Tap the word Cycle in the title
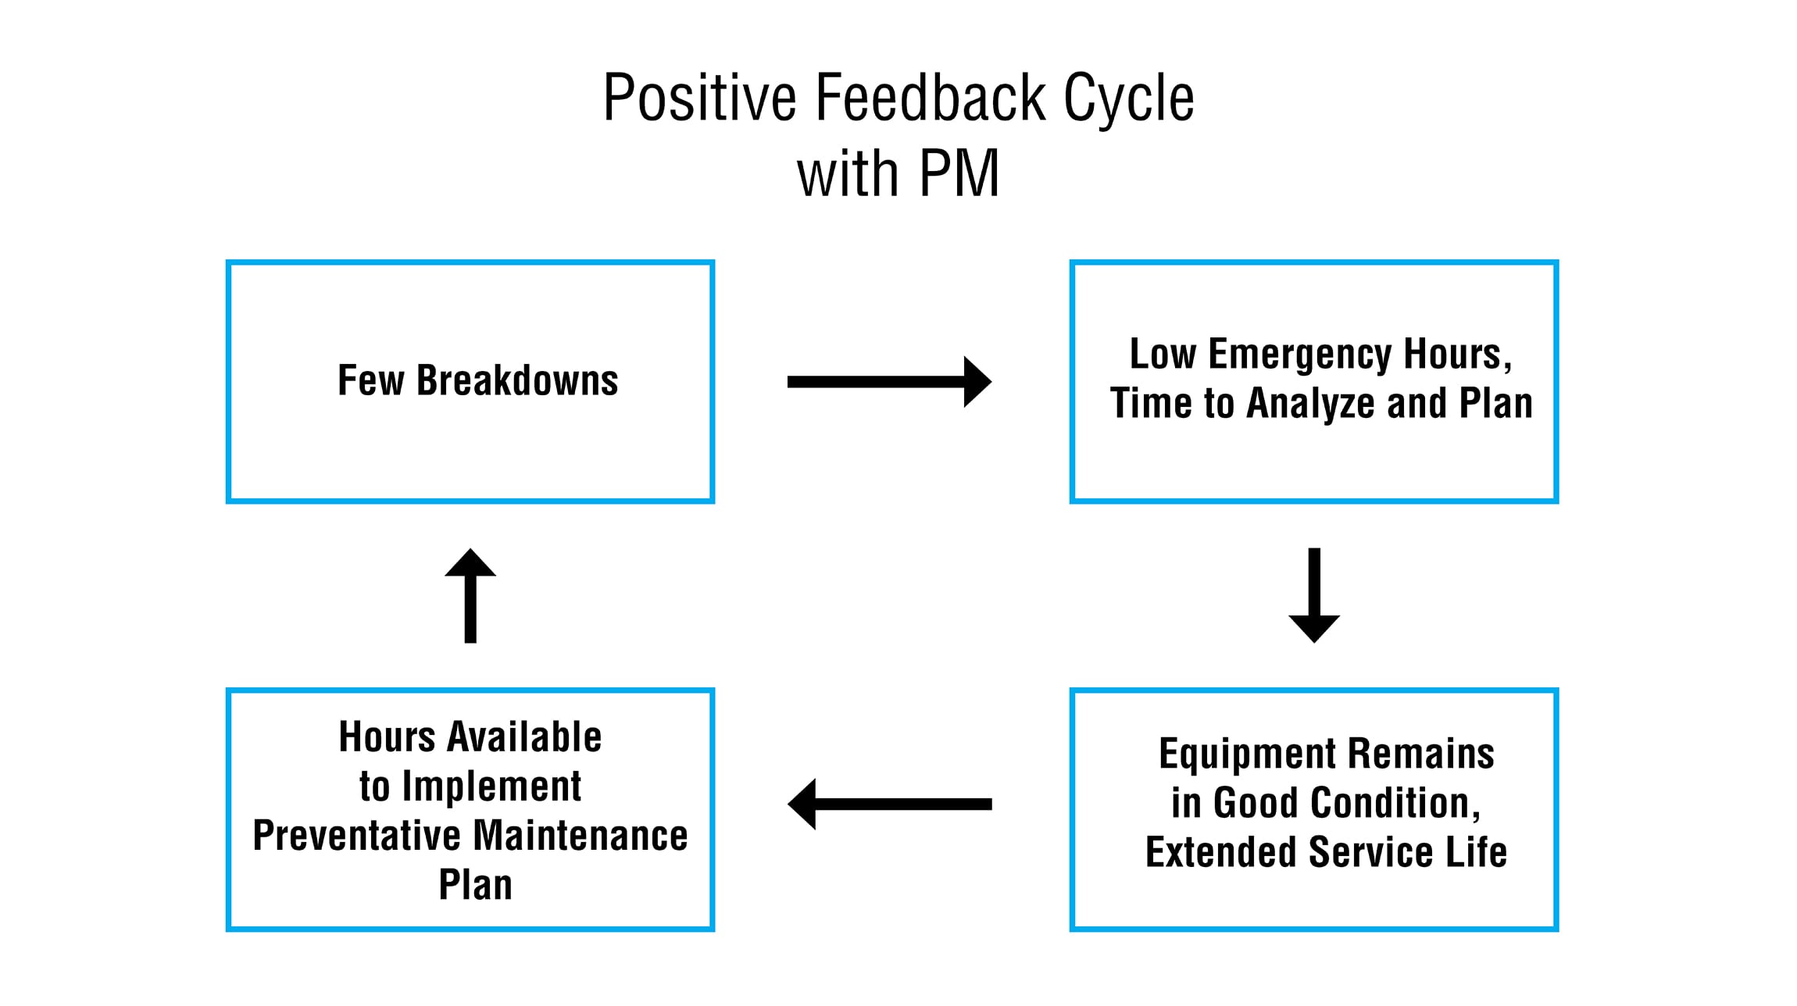pos(1129,100)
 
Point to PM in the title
pos(959,173)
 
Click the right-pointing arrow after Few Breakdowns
pos(889,382)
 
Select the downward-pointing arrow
pos(1314,595)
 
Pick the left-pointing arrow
pos(889,804)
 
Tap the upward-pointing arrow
pos(470,595)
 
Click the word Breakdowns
pos(517,380)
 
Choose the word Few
pos(371,380)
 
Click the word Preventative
pos(357,836)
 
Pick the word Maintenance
pos(581,836)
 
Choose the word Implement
pos(491,787)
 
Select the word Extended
pos(1221,852)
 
